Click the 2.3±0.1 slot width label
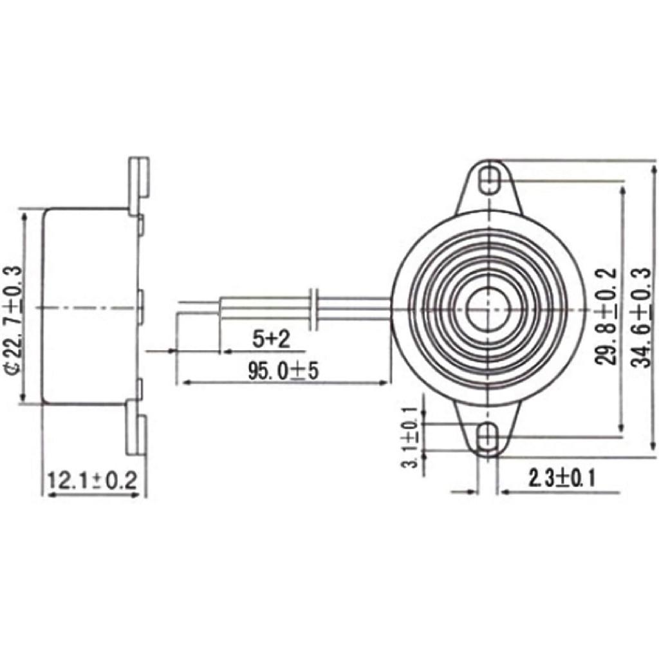(561, 478)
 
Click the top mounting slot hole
(491, 180)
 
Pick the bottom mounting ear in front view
(489, 430)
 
